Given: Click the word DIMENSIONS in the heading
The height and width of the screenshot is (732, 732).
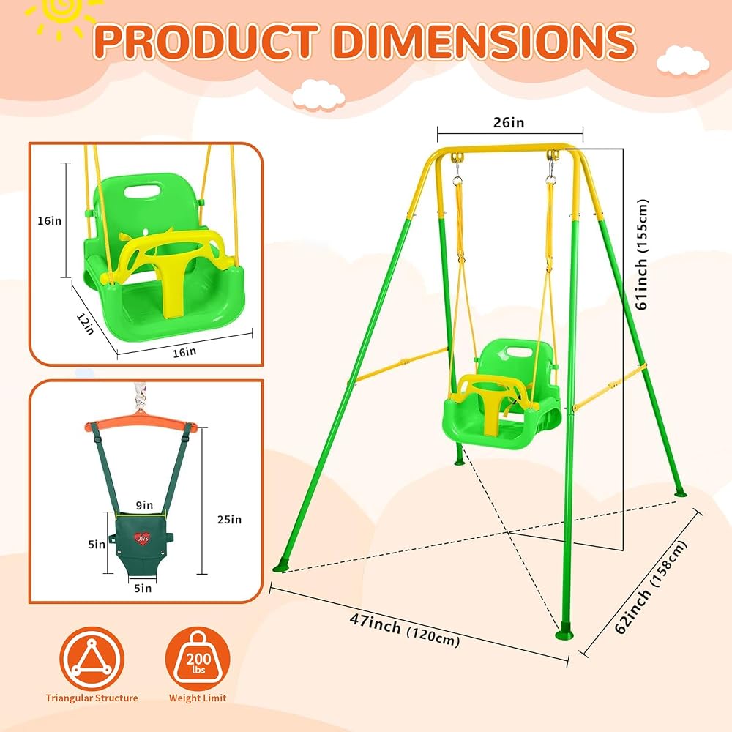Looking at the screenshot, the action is [x=484, y=41].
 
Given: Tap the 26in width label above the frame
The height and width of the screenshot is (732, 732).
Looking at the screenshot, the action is [x=509, y=122].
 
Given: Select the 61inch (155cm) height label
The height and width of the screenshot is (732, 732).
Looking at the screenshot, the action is [x=643, y=255].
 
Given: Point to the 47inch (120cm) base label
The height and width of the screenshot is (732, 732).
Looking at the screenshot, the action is [x=405, y=630].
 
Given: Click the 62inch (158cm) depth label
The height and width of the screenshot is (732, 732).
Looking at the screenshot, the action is [x=651, y=587].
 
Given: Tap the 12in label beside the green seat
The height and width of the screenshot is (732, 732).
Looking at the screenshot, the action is [x=86, y=323].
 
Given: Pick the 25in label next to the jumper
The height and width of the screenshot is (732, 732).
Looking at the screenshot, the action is [x=229, y=519].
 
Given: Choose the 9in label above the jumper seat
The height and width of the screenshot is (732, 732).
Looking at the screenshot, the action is [x=144, y=505].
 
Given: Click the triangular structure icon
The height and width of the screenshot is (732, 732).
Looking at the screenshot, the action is [x=92, y=658].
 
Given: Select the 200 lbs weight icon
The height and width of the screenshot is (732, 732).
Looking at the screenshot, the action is [x=198, y=658].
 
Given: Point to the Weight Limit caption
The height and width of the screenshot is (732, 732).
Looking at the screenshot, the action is [x=198, y=698].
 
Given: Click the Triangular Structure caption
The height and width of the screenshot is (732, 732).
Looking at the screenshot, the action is [x=92, y=698].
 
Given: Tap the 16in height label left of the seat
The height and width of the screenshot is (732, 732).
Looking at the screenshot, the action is [x=50, y=220].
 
